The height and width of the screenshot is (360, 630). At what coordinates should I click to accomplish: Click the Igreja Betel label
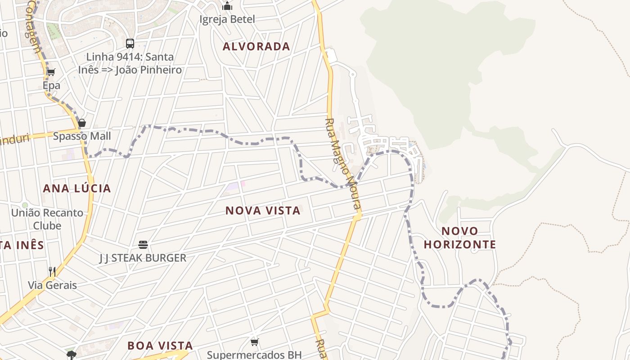point(227,19)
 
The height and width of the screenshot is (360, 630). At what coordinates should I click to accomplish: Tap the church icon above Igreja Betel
point(227,6)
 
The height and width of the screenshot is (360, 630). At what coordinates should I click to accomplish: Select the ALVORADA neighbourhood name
point(256,46)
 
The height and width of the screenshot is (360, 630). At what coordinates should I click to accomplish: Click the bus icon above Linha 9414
point(130,44)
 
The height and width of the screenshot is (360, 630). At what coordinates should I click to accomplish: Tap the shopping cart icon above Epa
point(51,72)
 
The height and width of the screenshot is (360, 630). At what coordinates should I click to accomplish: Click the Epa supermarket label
point(51,85)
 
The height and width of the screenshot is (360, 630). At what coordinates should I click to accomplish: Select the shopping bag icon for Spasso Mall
point(82,123)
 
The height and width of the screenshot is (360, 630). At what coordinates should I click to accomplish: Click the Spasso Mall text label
point(82,136)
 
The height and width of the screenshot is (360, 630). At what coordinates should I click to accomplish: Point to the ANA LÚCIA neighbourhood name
point(77,188)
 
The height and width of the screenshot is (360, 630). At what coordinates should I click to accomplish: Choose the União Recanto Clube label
point(47,219)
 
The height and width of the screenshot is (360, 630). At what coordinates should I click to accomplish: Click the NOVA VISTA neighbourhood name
point(263,211)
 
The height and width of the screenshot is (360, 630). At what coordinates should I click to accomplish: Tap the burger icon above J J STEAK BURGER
point(143,245)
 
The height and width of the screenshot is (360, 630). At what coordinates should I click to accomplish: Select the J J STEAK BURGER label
point(143,258)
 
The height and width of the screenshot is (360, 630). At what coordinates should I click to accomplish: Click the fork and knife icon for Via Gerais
point(52,272)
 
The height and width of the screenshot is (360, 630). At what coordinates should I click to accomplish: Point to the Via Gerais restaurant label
point(52,285)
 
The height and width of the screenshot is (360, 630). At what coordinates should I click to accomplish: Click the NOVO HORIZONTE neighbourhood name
point(460,238)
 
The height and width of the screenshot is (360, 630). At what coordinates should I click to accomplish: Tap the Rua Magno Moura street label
point(343,164)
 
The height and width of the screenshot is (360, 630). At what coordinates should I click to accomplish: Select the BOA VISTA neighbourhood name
point(160,346)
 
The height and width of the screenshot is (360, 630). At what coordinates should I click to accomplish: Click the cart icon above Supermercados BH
point(254,342)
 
